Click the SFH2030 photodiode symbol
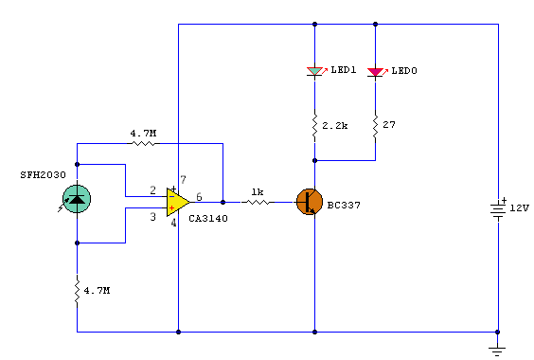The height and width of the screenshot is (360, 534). [x=77, y=199]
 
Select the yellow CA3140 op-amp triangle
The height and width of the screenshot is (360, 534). [x=177, y=202]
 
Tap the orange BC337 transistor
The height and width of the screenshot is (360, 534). [x=310, y=202]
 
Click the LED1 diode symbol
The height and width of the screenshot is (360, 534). [x=314, y=72]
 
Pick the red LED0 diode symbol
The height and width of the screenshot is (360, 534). [x=375, y=72]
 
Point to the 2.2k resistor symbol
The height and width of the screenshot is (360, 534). [x=314, y=126]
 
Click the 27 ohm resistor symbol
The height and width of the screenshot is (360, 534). [x=375, y=125]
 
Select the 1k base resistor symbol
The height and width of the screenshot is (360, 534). [x=258, y=202]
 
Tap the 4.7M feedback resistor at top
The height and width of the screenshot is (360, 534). [x=143, y=143]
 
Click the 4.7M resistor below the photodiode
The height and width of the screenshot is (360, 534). [x=77, y=291]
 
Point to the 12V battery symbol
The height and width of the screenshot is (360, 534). [x=498, y=209]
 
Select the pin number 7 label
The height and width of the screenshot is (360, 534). [x=184, y=179]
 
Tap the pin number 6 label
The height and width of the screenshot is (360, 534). [x=199, y=197]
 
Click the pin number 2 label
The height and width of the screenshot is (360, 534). [x=153, y=189]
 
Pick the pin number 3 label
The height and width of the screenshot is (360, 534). [x=153, y=217]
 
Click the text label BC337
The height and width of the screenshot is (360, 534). [x=344, y=206]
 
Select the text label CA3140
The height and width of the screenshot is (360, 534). [x=208, y=219]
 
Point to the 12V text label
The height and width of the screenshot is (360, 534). [x=520, y=208]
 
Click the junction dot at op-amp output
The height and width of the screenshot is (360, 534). [x=223, y=202]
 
